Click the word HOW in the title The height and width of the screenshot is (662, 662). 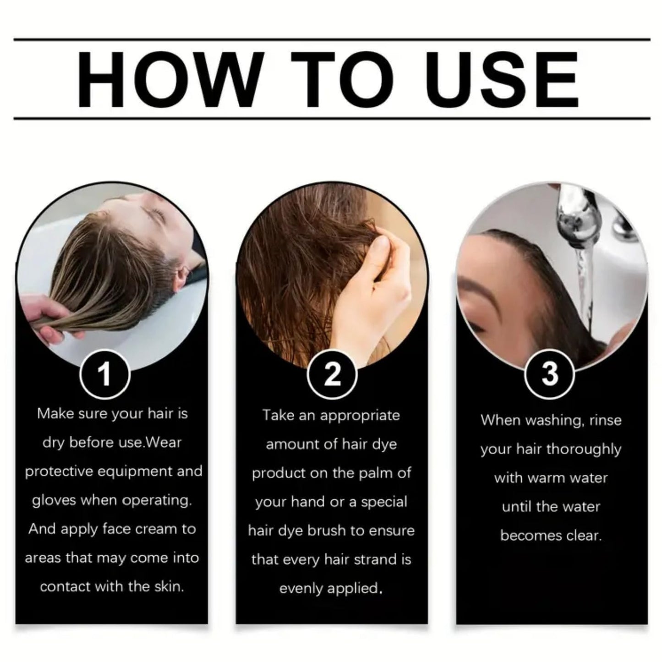click(x=171, y=80)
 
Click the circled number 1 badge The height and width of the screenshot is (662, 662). click(x=104, y=374)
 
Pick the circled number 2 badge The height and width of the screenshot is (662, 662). click(x=332, y=374)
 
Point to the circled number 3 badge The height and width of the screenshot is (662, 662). click(x=550, y=374)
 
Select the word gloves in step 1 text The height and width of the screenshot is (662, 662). click(x=54, y=501)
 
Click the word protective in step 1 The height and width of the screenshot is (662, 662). click(x=59, y=472)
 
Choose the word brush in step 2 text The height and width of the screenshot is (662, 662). click(x=327, y=531)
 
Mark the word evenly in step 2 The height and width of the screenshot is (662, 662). click(x=301, y=589)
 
